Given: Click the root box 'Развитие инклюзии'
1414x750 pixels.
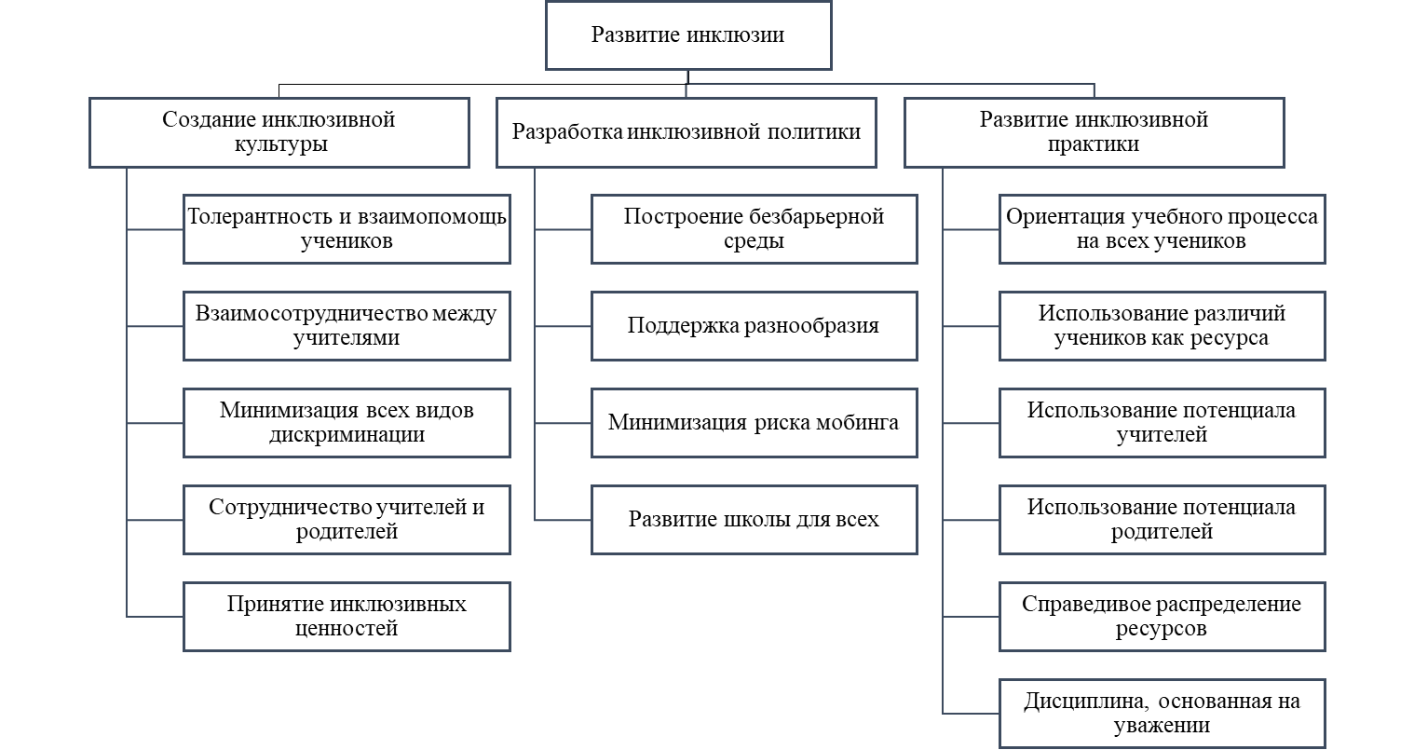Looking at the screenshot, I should pos(688,36).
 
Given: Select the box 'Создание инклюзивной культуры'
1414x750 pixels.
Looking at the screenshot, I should pos(279,132).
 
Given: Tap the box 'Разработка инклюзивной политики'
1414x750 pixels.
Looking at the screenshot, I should pos(687,132).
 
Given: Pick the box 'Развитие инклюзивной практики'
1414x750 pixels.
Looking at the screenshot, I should pos(1094,132).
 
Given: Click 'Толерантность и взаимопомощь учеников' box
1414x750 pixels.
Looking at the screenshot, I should pos(347,229).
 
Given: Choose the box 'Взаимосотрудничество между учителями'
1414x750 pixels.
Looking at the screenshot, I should pos(347,325).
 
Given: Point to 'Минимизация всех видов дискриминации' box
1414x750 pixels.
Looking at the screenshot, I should pos(347,422).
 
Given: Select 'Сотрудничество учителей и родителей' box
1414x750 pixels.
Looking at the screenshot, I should pos(347,519).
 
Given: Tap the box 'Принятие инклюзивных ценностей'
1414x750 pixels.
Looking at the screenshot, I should pos(347,616).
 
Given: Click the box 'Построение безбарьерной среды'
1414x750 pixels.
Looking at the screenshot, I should pos(754,229).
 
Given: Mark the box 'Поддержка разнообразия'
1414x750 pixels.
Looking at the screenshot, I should pos(754,325).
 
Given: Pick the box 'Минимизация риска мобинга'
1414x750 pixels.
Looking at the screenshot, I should pos(754,422).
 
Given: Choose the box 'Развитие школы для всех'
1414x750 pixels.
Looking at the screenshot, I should pos(754,519).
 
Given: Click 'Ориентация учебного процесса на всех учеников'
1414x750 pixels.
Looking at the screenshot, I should pos(1162,229).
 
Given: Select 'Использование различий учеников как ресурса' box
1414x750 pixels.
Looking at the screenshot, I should pos(1162,325).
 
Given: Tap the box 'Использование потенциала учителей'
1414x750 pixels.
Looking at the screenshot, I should pos(1162,422).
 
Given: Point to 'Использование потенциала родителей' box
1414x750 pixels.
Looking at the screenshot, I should pos(1162,519).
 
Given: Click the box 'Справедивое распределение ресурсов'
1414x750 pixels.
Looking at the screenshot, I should pos(1162,616).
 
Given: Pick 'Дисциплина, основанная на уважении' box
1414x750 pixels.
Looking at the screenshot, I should pos(1162,713).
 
